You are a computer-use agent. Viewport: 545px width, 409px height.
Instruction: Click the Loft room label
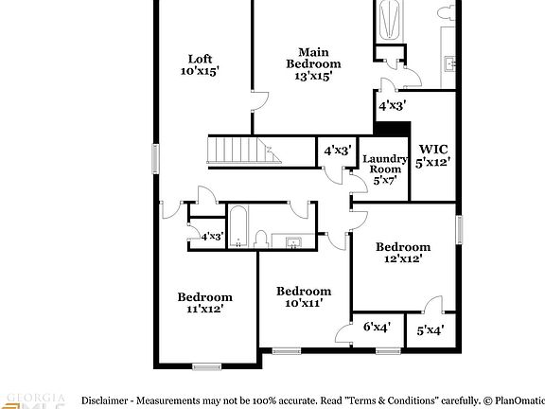point(199,57)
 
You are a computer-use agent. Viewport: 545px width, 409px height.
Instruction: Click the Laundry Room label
point(385,164)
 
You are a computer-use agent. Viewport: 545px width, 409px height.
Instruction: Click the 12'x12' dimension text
point(402,258)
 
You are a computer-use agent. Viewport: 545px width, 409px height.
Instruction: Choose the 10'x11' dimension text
point(303,303)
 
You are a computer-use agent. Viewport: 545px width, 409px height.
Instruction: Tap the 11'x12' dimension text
point(204,309)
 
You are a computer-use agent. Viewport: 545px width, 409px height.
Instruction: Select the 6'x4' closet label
point(378,328)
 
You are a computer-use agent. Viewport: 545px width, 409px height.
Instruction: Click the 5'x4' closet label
point(431,330)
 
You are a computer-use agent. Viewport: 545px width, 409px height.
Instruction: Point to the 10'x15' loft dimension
point(199,70)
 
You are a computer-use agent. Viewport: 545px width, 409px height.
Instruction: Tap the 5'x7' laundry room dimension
point(384,180)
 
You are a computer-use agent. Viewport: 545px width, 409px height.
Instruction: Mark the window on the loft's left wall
point(156,159)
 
